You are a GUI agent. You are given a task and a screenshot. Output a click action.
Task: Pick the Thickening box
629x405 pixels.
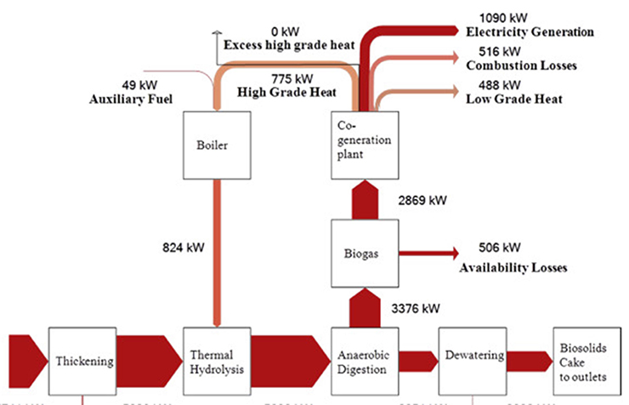pyautogui.click(x=82, y=361)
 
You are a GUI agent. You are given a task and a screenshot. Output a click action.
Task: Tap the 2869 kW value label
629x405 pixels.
pyautogui.click(x=422, y=201)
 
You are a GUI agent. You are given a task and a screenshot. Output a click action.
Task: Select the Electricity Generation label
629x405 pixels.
pyautogui.click(x=530, y=32)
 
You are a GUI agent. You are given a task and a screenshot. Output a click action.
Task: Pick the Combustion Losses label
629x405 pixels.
pyautogui.click(x=522, y=66)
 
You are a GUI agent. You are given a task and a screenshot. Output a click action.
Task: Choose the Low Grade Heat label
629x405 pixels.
pyautogui.click(x=514, y=100)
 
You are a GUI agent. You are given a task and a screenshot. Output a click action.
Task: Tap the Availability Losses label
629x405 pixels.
pyautogui.click(x=513, y=267)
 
